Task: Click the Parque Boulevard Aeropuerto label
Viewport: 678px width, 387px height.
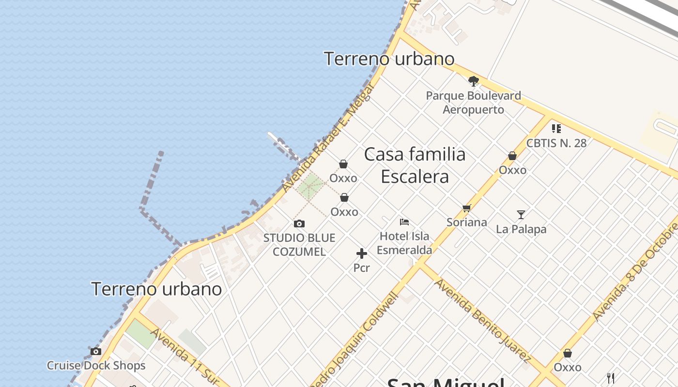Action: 473,103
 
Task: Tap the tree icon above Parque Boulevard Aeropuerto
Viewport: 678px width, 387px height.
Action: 473,81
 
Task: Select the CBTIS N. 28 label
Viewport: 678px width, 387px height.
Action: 556,143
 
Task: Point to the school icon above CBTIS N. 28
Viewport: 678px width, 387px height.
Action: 556,129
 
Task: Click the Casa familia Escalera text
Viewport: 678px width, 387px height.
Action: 415,165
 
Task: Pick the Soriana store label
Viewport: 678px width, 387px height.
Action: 466,223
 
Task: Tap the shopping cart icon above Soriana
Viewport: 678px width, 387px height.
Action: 466,208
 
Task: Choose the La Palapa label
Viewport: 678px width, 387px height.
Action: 521,229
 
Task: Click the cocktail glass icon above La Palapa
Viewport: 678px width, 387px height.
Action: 521,214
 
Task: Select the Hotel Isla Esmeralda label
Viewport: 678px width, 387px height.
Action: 404,243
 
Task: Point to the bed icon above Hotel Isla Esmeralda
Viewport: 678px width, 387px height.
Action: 404,222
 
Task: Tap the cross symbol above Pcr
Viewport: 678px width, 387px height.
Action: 361,253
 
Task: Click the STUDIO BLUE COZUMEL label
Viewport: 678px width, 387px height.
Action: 299,245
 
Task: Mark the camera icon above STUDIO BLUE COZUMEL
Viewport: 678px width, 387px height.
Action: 299,223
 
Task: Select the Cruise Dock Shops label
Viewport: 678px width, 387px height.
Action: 96,366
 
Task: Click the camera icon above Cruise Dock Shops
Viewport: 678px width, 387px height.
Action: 96,351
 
